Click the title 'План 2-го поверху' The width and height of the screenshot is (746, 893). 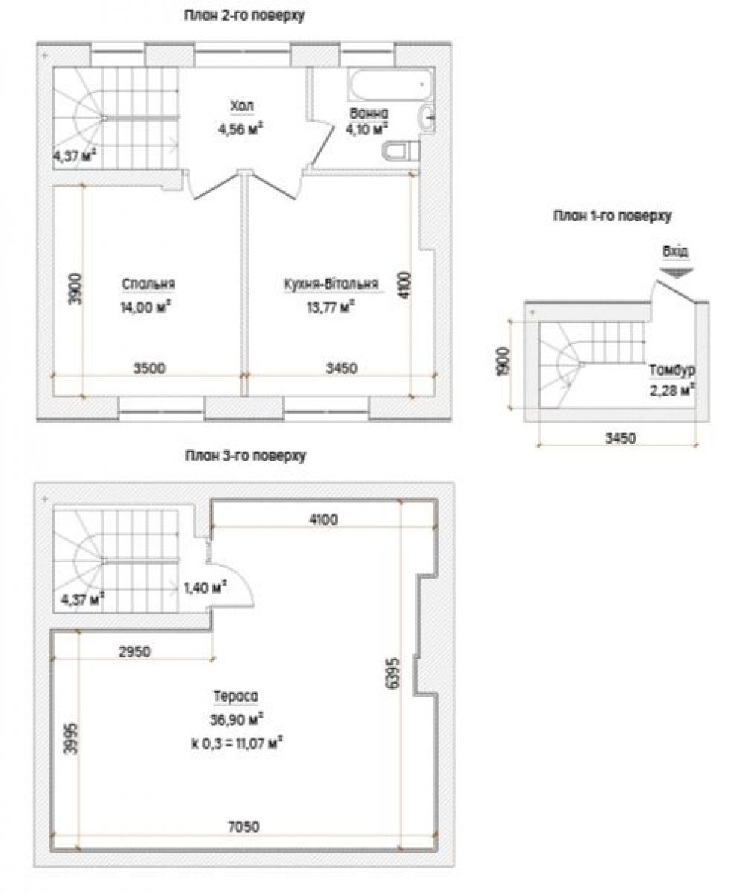click(x=243, y=16)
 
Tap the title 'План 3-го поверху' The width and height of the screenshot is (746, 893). click(x=246, y=456)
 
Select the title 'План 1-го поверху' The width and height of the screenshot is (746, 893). click(x=612, y=216)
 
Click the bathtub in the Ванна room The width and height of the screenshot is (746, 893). click(x=391, y=84)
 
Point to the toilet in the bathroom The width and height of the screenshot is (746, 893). click(x=401, y=151)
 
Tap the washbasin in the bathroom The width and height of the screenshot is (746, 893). click(x=426, y=119)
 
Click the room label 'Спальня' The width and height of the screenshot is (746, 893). click(x=148, y=284)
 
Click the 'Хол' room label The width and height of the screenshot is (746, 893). click(x=242, y=106)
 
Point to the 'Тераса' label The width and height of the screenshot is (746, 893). click(x=236, y=697)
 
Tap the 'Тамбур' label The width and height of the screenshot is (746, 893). click(x=673, y=370)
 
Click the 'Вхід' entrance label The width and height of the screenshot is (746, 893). click(x=675, y=251)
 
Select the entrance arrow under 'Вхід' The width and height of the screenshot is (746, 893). click(x=676, y=273)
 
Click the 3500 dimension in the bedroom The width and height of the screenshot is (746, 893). click(x=149, y=369)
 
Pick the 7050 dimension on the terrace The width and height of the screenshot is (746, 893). click(x=243, y=827)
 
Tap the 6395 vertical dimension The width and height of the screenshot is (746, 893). click(x=394, y=674)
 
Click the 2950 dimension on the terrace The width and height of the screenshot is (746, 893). click(x=134, y=652)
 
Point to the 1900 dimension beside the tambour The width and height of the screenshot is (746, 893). click(x=503, y=361)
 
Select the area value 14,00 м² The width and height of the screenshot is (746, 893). click(x=146, y=307)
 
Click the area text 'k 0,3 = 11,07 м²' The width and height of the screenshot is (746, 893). click(x=237, y=743)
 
